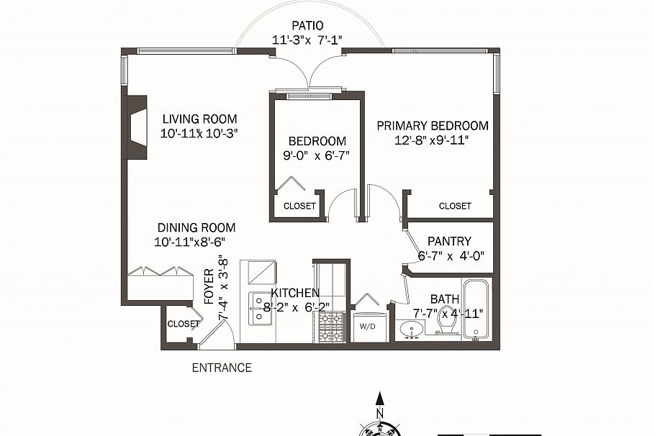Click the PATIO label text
coord(307,26)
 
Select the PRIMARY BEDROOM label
coord(433,126)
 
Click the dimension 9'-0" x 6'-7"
coord(317,155)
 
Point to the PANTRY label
coord(449,241)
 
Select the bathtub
coord(476,310)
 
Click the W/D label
coord(367,325)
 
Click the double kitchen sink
coord(258,309)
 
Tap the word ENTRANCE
coord(222,368)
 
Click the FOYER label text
coord(209,287)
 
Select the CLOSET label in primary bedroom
coord(455,206)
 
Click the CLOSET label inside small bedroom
coord(299,206)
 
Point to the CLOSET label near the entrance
coord(183,324)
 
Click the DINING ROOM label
coord(196,227)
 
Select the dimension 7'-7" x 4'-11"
coord(448,313)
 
